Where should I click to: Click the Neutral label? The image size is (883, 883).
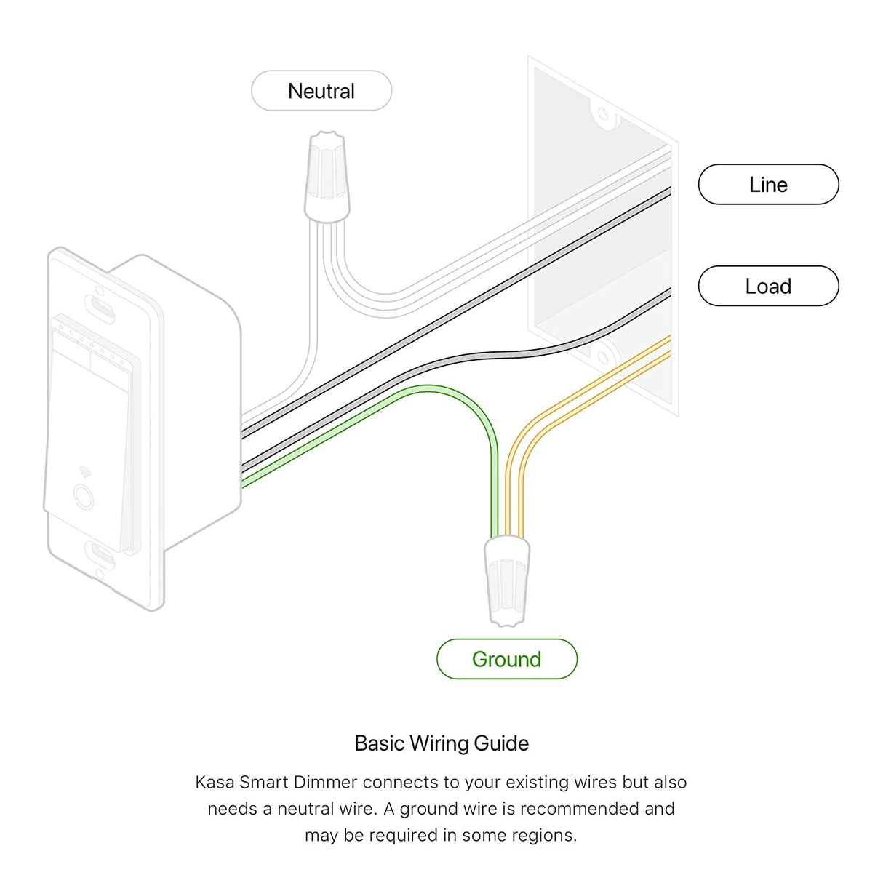coord(321,91)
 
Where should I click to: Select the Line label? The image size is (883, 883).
coord(768,185)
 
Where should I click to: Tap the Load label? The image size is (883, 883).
coord(768,286)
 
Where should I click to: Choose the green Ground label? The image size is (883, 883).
coord(507,659)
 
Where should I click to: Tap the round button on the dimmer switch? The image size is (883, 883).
coord(84,496)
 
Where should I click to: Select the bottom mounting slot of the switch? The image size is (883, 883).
coord(101,554)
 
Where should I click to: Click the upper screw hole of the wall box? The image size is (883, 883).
coord(604,115)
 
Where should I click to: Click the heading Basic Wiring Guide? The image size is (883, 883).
coord(441,743)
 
